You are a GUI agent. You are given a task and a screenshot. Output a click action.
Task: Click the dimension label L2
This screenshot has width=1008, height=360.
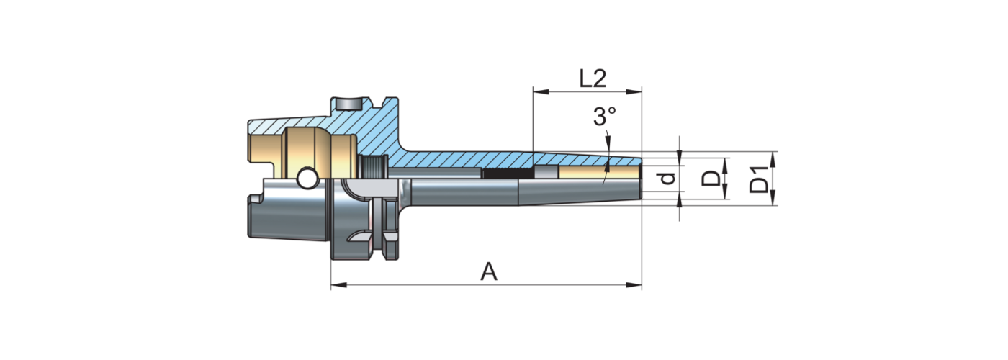click(x=593, y=78)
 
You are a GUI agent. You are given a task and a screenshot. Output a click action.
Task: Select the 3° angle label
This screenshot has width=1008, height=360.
click(x=605, y=117)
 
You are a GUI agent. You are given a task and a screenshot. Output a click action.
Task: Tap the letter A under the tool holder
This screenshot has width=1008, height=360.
click(x=489, y=272)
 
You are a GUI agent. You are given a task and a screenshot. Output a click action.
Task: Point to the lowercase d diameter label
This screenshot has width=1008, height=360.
click(x=669, y=177)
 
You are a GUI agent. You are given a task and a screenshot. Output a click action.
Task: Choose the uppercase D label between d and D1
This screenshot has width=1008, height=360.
click(x=711, y=178)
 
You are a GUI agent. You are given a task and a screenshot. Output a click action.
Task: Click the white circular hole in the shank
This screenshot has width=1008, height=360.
click(x=307, y=177)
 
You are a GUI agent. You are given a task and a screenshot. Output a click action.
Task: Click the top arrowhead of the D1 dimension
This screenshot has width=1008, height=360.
click(x=774, y=156)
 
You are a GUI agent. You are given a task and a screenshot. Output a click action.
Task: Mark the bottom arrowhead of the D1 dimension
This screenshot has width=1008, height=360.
click(x=774, y=202)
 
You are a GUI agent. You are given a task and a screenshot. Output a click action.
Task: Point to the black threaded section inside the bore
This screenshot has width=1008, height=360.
click(x=507, y=174)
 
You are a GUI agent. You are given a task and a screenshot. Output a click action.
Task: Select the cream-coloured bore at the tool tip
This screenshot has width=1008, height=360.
click(x=598, y=173)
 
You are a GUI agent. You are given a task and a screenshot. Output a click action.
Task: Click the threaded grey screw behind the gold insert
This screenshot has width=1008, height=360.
click(x=374, y=168)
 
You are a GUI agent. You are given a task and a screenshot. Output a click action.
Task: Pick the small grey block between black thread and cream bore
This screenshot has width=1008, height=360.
click(x=545, y=172)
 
